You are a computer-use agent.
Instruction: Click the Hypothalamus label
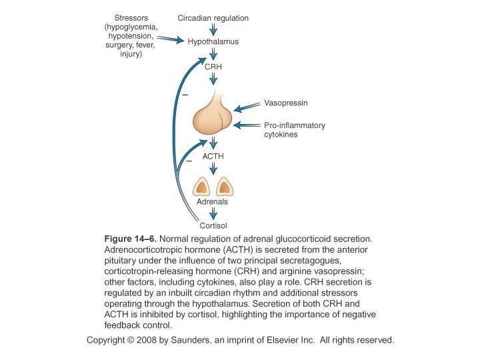(x=213, y=41)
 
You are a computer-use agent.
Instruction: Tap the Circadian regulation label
(x=213, y=18)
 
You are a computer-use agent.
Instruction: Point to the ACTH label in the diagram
(x=213, y=156)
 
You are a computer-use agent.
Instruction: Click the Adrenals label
(x=213, y=201)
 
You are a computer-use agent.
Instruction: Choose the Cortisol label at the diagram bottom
(x=213, y=225)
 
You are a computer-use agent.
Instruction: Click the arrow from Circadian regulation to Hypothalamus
(x=213, y=29)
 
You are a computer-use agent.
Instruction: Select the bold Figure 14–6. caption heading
(x=131, y=238)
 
